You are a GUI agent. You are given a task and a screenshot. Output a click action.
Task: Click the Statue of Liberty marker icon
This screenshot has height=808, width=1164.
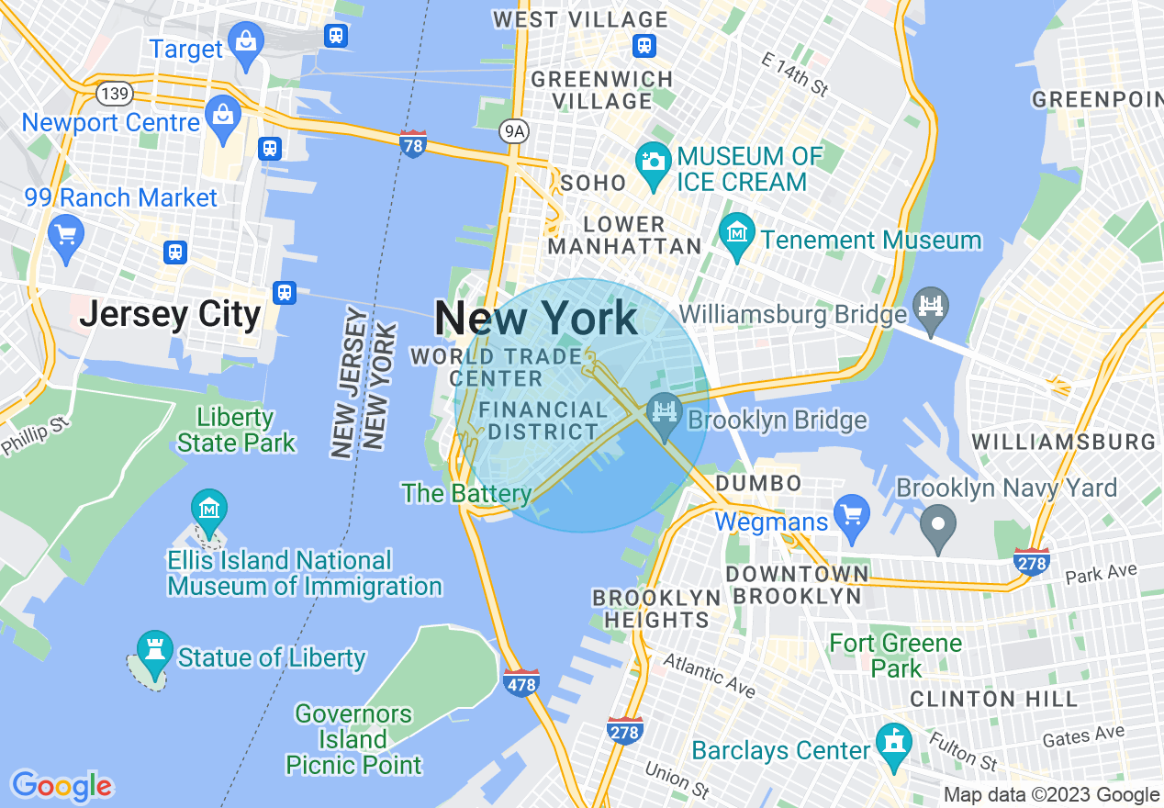tap(154, 650)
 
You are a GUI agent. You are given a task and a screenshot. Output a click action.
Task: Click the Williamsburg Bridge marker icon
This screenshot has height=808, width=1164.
tap(931, 304)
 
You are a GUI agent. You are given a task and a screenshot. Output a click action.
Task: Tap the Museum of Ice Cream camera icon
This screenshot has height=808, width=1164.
tap(654, 163)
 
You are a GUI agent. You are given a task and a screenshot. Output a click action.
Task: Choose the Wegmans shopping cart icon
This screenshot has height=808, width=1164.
tap(852, 513)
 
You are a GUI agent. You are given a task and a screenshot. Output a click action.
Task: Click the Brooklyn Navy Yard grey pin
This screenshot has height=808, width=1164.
tap(938, 526)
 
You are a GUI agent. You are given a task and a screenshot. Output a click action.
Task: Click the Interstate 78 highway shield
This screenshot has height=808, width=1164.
tap(414, 144)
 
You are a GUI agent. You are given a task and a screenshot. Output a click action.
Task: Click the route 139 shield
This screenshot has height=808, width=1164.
tap(117, 94)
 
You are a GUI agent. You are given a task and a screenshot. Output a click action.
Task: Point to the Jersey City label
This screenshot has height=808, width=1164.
tap(171, 315)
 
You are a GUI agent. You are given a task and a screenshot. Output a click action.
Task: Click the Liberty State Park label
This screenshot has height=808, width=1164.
tap(236, 430)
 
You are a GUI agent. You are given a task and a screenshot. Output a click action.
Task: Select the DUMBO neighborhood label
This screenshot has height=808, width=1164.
tap(758, 483)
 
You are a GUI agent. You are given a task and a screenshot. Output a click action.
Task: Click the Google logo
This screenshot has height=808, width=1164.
tap(62, 786)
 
